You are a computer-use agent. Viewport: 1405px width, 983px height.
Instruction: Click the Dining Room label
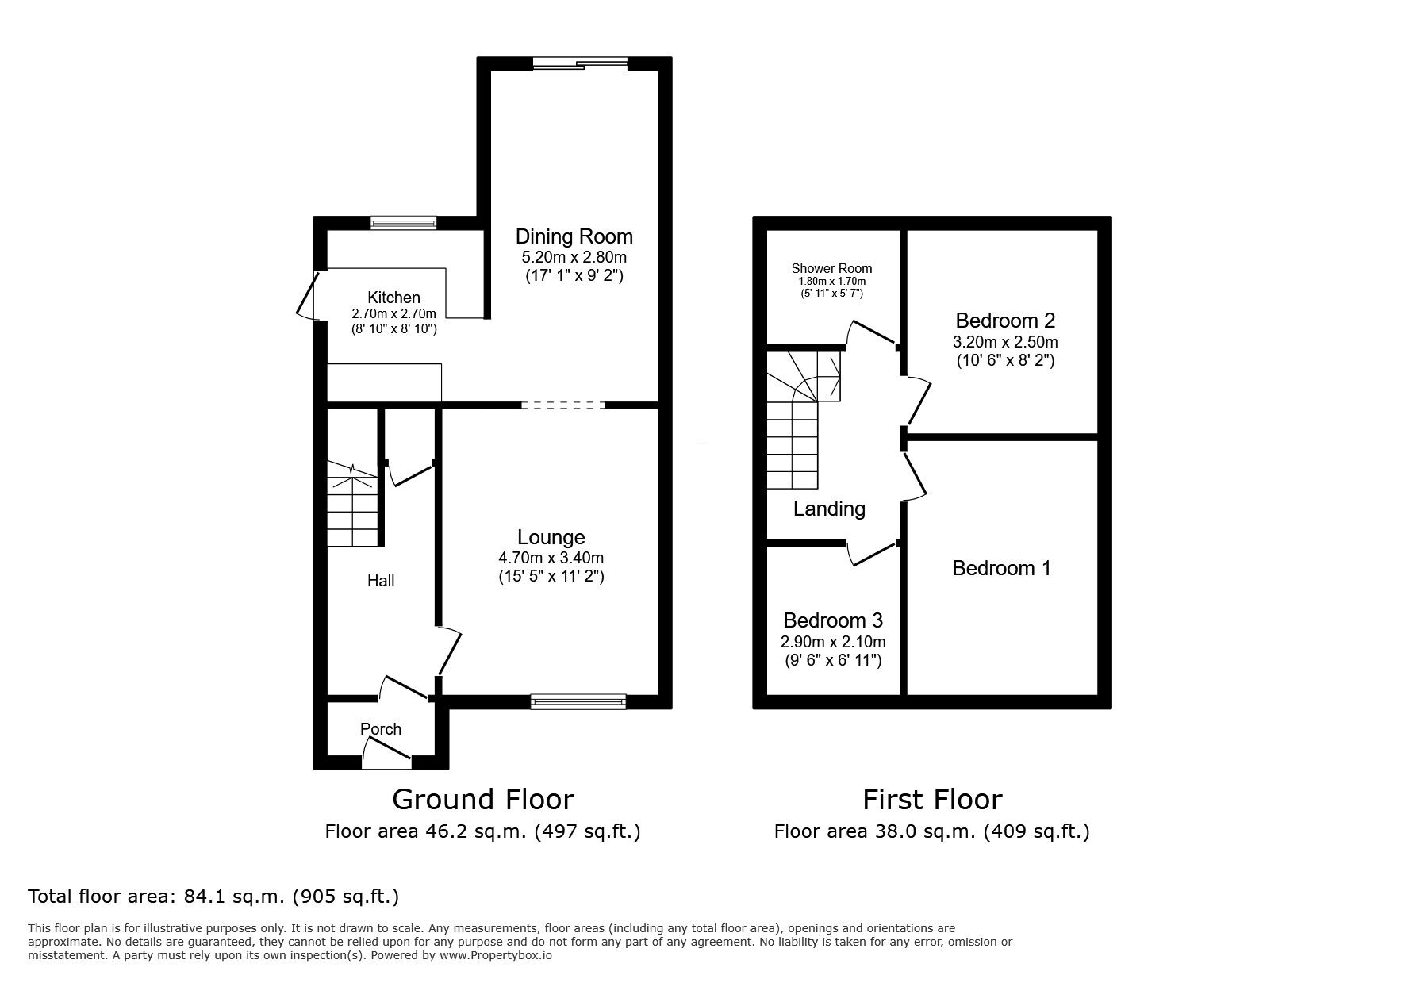(x=574, y=236)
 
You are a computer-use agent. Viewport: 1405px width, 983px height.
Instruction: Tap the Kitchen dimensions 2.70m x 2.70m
(x=393, y=314)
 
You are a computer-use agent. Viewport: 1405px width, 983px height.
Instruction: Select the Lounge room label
(x=551, y=538)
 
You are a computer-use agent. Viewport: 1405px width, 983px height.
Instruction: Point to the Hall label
(x=381, y=581)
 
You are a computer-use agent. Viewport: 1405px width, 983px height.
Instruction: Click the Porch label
(x=381, y=729)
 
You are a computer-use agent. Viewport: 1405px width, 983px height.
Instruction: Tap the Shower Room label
(x=831, y=268)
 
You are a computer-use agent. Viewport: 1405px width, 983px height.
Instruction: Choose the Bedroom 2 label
(x=1004, y=321)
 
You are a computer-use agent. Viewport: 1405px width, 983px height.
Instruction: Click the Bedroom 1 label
(x=1001, y=568)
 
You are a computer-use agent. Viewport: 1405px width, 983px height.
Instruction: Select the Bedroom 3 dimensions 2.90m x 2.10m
(x=833, y=642)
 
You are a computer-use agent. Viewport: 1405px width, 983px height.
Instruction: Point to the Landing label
(x=829, y=509)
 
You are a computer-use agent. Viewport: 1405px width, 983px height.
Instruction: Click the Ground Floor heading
(x=482, y=799)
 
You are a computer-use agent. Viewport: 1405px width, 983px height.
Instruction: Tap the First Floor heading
(x=932, y=799)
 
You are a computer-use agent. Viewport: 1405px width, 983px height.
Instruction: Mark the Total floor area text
(x=213, y=897)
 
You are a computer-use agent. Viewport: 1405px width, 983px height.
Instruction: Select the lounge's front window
(x=578, y=701)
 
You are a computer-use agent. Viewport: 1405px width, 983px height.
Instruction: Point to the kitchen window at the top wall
(x=404, y=223)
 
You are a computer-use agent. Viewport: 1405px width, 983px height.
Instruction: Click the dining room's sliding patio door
(x=580, y=64)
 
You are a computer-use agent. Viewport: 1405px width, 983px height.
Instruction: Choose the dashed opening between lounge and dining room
(x=563, y=405)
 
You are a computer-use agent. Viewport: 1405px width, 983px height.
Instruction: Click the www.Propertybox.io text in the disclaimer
(x=496, y=956)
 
